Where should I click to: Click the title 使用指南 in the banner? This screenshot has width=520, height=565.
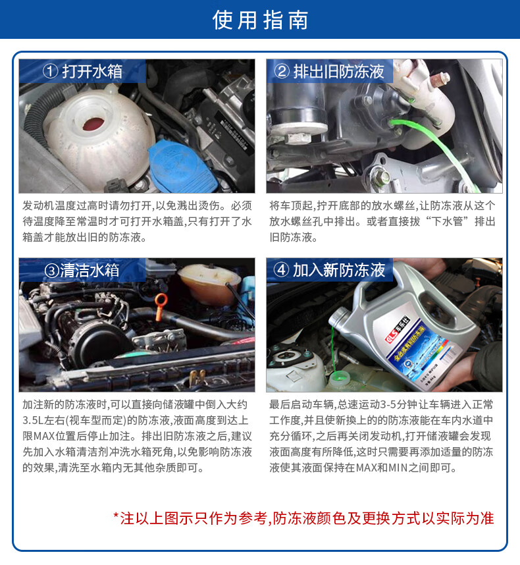click(x=260, y=20)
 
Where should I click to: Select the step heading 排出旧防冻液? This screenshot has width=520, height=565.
click(x=338, y=71)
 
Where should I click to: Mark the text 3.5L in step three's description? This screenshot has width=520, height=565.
click(x=34, y=419)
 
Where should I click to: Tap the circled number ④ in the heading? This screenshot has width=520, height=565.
click(x=281, y=270)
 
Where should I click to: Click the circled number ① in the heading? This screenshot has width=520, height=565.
click(x=50, y=71)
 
